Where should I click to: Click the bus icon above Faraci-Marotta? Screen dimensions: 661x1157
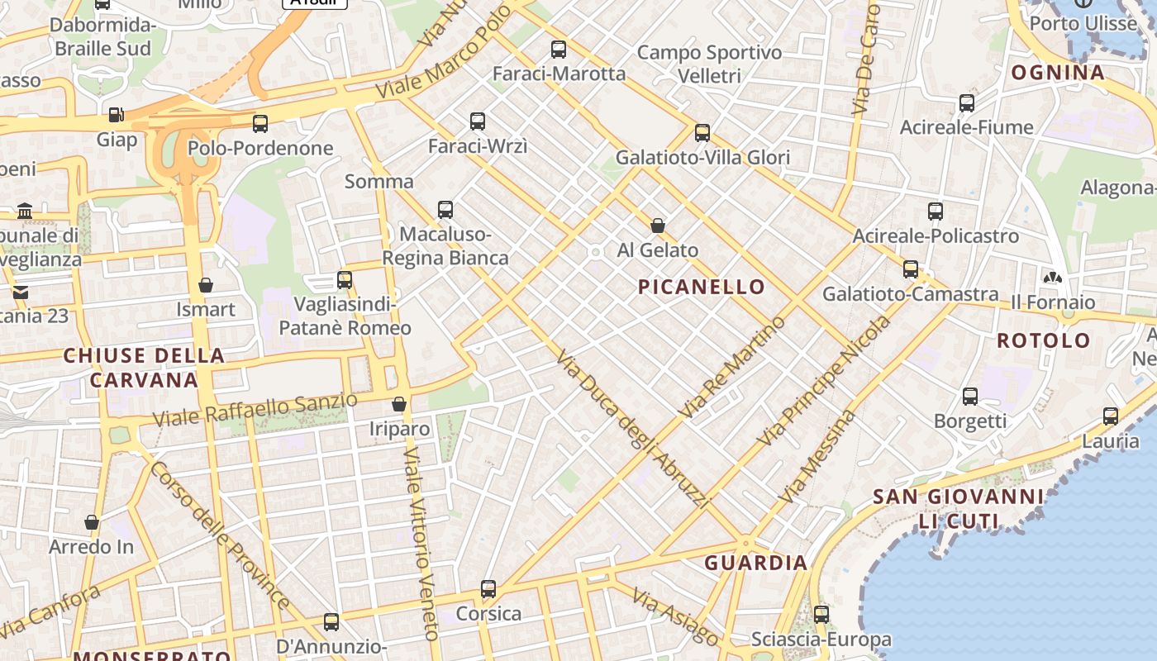coord(559,50)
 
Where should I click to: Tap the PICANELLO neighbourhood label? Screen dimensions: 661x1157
coord(702,287)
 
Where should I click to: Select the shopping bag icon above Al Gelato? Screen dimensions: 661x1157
coord(658,225)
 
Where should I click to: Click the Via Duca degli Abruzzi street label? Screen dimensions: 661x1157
coord(633,428)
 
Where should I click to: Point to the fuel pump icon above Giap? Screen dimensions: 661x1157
coord(117,114)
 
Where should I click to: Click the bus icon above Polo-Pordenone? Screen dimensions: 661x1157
coord(260,124)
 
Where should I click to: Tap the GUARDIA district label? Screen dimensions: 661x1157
coord(755,563)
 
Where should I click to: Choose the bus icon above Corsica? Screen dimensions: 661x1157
coord(488,589)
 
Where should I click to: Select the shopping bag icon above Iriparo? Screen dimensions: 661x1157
coord(399,404)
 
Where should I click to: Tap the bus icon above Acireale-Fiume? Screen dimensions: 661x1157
coord(966,103)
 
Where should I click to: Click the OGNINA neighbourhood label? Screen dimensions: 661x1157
coord(1058,72)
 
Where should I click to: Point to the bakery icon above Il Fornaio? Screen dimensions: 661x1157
coord(1053,278)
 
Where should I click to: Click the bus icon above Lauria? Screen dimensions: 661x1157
coord(1111,416)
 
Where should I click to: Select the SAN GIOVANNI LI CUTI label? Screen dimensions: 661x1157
coord(958,509)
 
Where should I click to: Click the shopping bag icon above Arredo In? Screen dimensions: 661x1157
coord(92,522)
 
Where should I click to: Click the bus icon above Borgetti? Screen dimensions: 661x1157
coord(970,397)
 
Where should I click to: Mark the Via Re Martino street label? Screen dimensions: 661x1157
coord(731,366)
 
